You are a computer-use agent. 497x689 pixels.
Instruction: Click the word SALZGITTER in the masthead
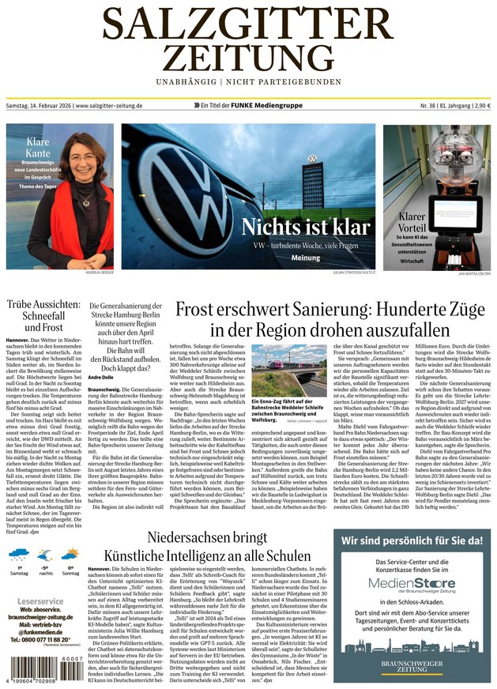pyautogui.click(x=248, y=23)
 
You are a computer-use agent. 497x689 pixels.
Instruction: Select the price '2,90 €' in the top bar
pyautogui.click(x=480, y=105)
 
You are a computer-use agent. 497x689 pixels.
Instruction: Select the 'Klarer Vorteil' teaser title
pyautogui.click(x=411, y=222)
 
